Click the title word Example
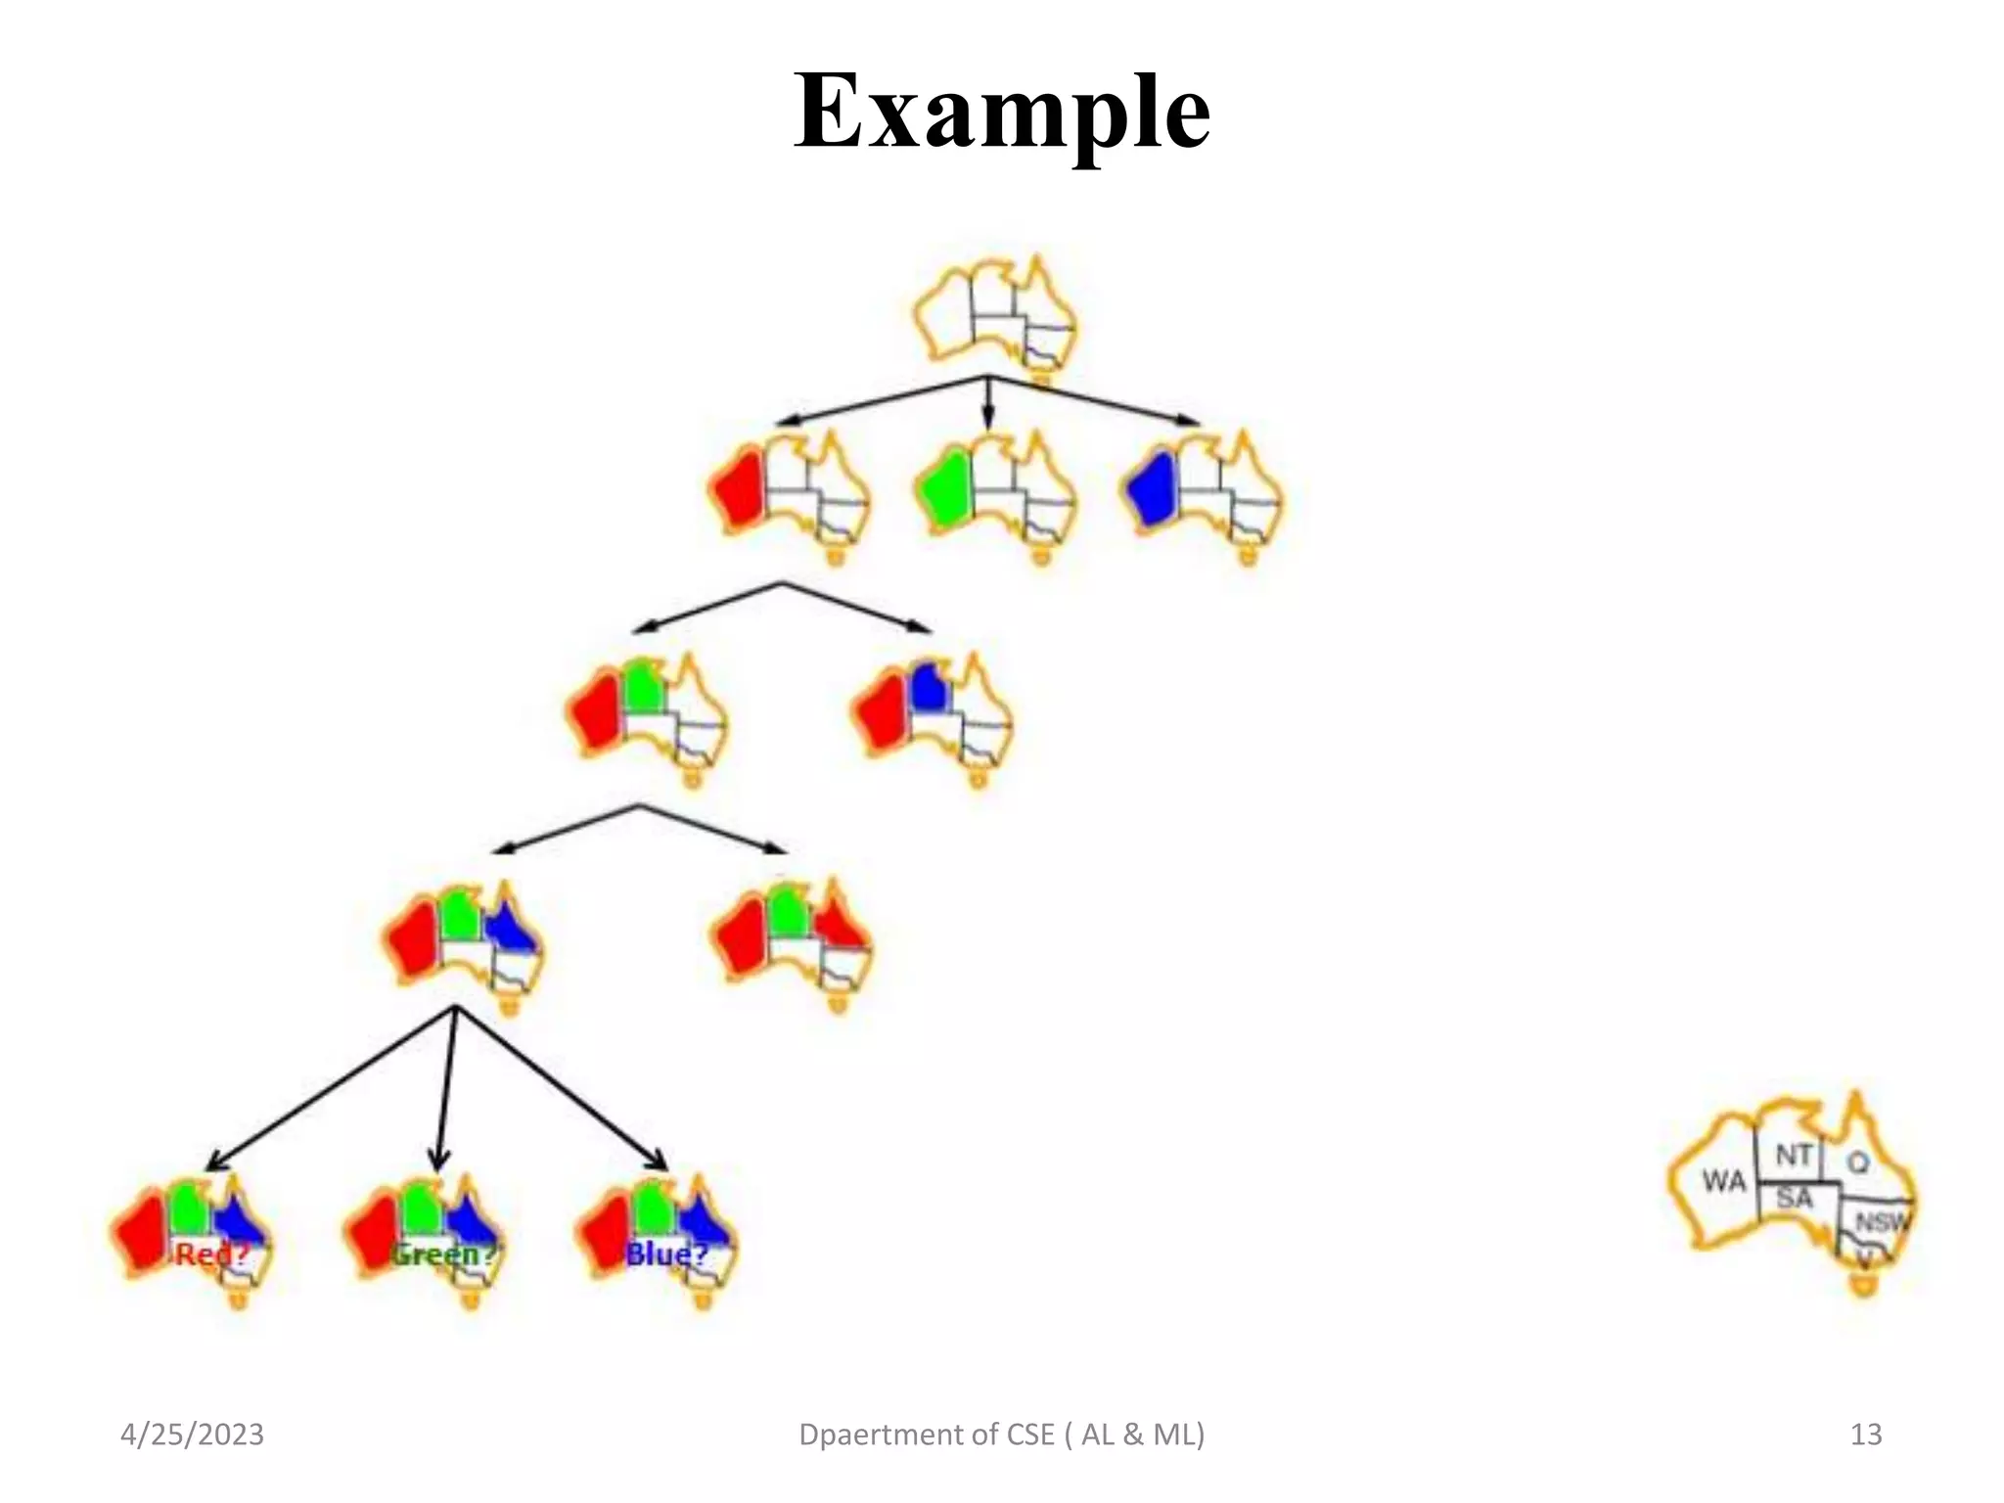tap(1002, 113)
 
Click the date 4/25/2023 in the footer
tap(192, 1435)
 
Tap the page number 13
tap(1865, 1435)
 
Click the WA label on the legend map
tap(1723, 1181)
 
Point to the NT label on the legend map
tap(1794, 1156)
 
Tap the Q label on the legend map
tap(1857, 1161)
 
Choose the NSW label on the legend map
tap(1881, 1222)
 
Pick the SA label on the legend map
tap(1794, 1198)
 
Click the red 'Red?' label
tap(211, 1253)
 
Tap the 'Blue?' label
tap(665, 1253)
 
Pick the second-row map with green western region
tap(994, 494)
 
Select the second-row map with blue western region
tap(1202, 494)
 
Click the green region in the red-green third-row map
tap(643, 688)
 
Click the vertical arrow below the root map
tap(988, 403)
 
